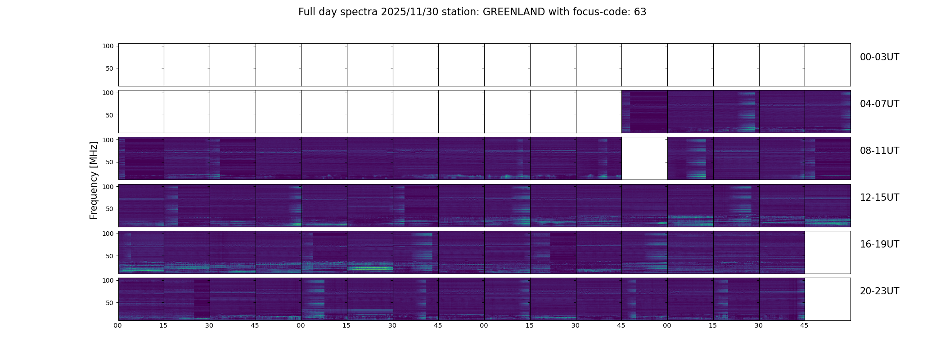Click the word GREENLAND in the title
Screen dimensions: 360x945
[x=513, y=12]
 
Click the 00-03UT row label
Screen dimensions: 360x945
[x=879, y=57]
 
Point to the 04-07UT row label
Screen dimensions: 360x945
[x=879, y=104]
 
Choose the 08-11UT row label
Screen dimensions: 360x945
[x=879, y=151]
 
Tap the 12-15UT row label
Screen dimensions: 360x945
[x=879, y=198]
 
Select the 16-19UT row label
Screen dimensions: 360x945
[x=879, y=244]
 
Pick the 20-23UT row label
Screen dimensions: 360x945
[x=879, y=291]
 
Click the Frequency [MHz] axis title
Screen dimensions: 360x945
[x=94, y=180]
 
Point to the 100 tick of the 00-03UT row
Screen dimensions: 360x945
[x=108, y=46]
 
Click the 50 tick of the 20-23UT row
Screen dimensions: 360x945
[x=110, y=303]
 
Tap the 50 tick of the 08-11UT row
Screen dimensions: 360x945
[x=110, y=162]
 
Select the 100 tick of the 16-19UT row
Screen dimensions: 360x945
[x=108, y=234]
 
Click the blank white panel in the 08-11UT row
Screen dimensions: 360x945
[x=644, y=158]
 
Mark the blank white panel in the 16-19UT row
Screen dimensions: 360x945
[x=827, y=252]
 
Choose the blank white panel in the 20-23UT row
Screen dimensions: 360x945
[x=827, y=299]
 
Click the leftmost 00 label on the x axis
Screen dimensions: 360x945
[x=118, y=325]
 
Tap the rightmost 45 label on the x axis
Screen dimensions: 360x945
[x=804, y=325]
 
